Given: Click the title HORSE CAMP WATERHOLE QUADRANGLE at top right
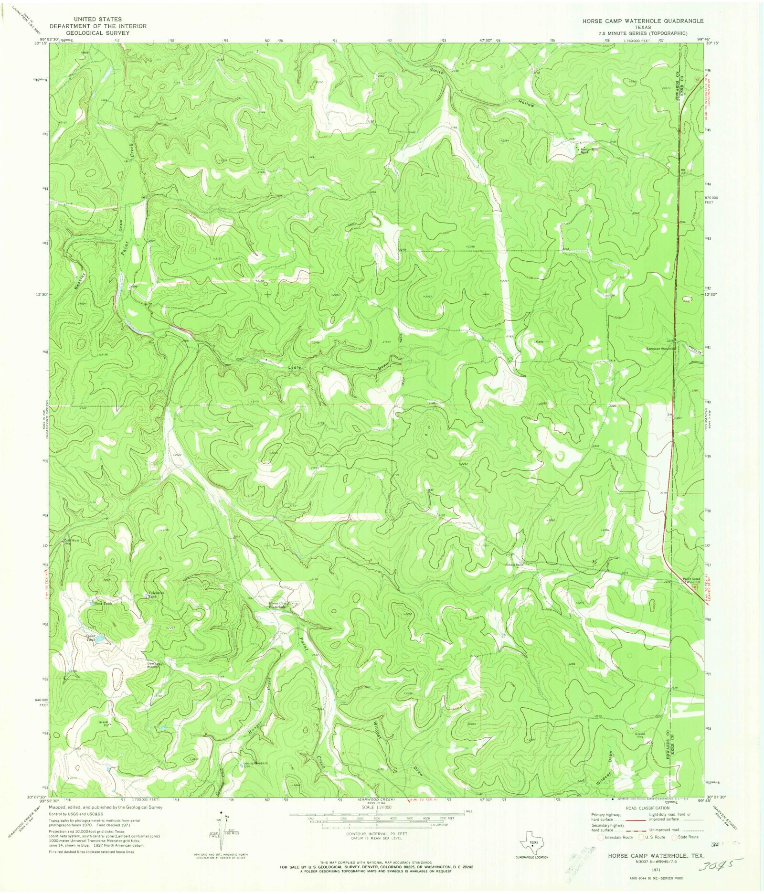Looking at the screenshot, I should (x=642, y=21).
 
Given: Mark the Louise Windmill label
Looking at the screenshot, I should (x=255, y=764).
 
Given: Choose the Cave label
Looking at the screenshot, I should (x=540, y=342).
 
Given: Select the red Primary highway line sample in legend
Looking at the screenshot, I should (x=632, y=819).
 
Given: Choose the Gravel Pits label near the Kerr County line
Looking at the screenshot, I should (x=640, y=735).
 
